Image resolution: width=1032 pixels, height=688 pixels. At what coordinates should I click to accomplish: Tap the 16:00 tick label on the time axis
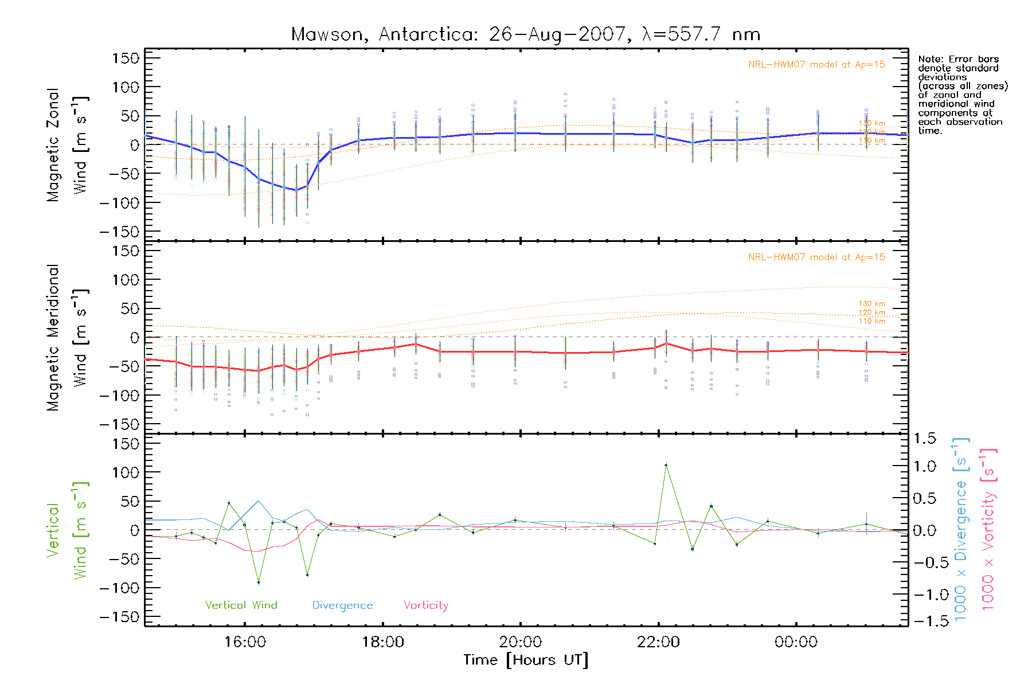(x=245, y=642)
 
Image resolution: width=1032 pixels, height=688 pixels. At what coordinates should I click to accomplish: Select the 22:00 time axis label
(x=658, y=642)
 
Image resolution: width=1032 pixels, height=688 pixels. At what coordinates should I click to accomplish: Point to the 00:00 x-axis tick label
(x=796, y=642)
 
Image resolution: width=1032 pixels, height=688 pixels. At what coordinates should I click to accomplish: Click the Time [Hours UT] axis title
(x=526, y=660)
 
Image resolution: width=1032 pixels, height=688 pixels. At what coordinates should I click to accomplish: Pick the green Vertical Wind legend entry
(x=241, y=605)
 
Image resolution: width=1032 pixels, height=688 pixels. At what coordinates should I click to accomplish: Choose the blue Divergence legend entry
(x=342, y=605)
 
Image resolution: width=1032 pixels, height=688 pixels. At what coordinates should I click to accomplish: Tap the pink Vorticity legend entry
(x=425, y=605)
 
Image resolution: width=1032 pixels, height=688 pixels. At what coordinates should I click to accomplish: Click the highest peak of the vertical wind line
(x=666, y=465)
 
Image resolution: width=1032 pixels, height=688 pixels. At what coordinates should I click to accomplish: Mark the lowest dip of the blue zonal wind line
(x=296, y=190)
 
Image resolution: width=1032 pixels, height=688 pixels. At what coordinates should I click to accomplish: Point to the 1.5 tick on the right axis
(x=925, y=439)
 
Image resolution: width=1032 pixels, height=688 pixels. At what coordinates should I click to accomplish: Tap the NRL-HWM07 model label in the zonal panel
(x=816, y=65)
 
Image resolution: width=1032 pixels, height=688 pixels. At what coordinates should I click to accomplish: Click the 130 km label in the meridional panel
(x=871, y=304)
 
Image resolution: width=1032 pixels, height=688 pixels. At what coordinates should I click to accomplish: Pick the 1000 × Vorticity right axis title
(x=988, y=530)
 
